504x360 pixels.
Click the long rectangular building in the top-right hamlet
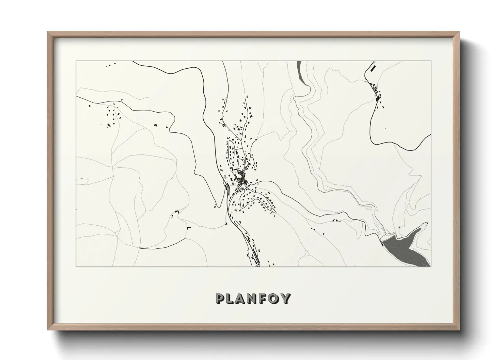click(x=373, y=68)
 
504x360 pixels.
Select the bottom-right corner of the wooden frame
click(x=460, y=330)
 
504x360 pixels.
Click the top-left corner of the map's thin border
click(x=76, y=61)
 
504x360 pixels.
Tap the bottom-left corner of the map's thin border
click(x=76, y=266)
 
